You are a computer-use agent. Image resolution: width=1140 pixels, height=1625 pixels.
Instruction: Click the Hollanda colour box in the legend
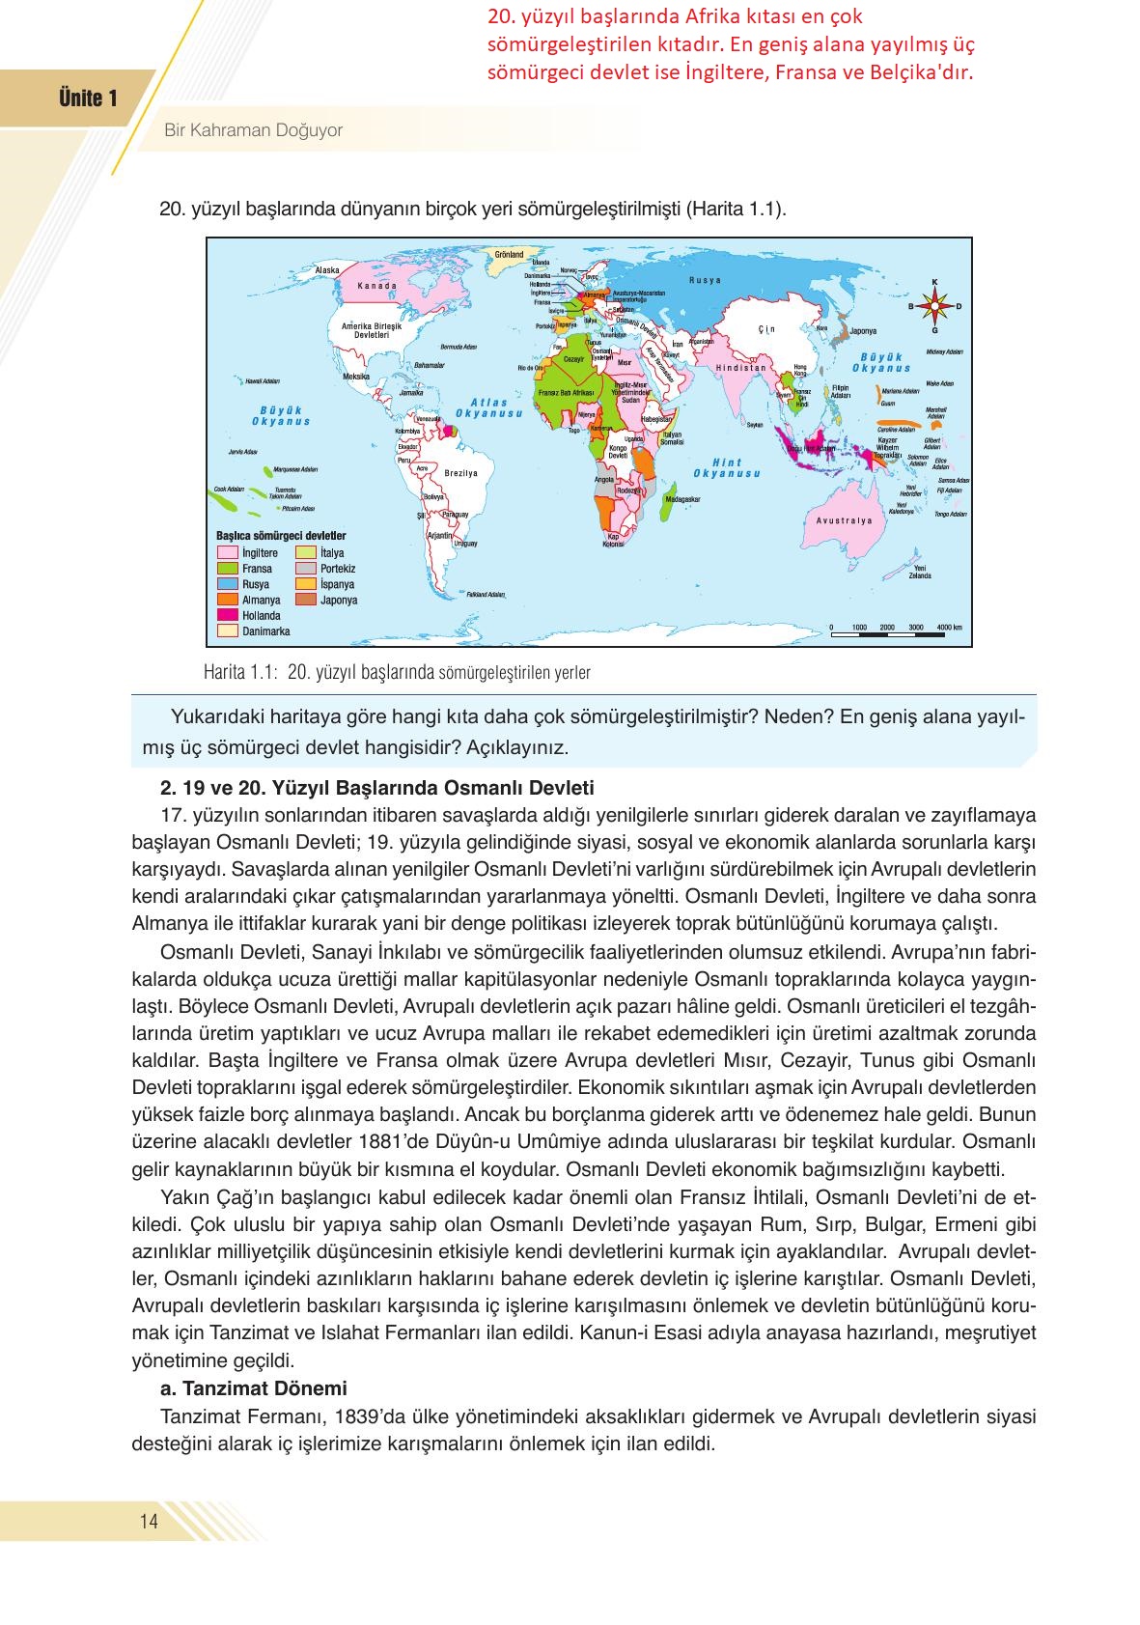pyautogui.click(x=228, y=615)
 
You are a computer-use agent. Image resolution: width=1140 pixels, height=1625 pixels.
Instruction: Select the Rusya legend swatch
pyautogui.click(x=228, y=584)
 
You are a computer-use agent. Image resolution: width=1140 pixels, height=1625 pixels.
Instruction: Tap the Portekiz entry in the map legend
pyautogui.click(x=306, y=569)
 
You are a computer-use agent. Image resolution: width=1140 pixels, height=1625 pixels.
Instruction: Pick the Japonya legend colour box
pyautogui.click(x=306, y=600)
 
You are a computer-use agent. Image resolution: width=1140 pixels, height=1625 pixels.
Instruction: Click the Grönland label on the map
pyautogui.click(x=509, y=255)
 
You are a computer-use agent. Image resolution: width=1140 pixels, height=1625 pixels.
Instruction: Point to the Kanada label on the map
pyautogui.click(x=376, y=286)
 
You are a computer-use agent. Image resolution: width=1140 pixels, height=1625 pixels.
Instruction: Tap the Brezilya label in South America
pyautogui.click(x=461, y=473)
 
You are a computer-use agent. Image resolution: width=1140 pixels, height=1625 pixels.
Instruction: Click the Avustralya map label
pyautogui.click(x=844, y=520)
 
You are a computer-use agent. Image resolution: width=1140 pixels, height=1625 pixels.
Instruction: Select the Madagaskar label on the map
pyautogui.click(x=682, y=499)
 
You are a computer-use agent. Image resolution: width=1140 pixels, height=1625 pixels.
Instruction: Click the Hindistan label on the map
pyautogui.click(x=740, y=368)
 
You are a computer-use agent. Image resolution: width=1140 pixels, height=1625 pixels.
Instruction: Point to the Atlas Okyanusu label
pyautogui.click(x=488, y=408)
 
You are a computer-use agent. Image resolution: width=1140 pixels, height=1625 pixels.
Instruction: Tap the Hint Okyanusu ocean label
pyautogui.click(x=727, y=468)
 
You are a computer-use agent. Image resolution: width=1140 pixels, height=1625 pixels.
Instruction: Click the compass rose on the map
pyautogui.click(x=934, y=306)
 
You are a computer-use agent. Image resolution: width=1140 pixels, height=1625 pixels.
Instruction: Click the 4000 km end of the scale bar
pyautogui.click(x=949, y=628)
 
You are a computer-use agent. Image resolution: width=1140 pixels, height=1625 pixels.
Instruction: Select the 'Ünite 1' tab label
pyautogui.click(x=88, y=98)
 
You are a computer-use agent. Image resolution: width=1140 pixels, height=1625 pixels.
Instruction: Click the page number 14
pyautogui.click(x=149, y=1522)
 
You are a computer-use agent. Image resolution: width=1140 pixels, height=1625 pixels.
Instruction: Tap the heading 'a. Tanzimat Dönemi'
pyautogui.click(x=254, y=1388)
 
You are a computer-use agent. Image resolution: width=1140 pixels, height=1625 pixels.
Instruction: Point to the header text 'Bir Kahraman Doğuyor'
pyautogui.click(x=253, y=130)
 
